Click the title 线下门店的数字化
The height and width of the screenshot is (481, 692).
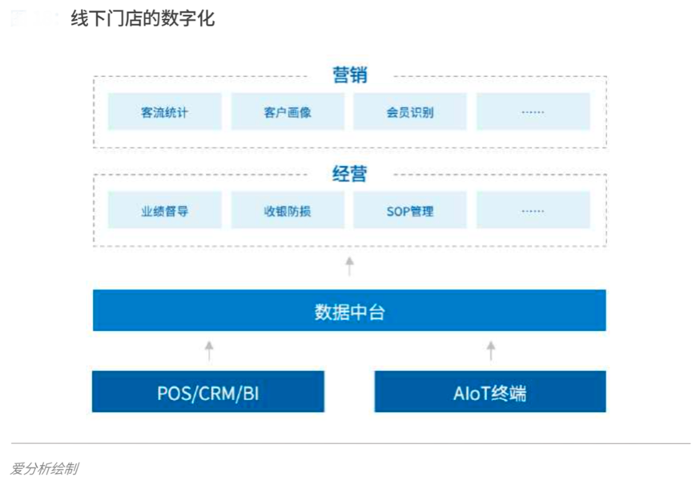(x=143, y=18)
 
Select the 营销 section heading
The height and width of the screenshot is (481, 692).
(x=349, y=75)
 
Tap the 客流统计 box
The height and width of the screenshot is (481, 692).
(x=164, y=112)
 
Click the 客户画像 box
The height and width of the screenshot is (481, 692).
(x=288, y=112)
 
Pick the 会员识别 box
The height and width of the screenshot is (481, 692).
(x=410, y=112)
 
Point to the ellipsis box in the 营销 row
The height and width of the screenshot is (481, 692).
(x=533, y=112)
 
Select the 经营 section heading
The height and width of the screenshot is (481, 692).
(x=349, y=173)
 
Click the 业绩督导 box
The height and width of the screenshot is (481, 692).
(x=164, y=211)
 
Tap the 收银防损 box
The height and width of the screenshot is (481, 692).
(x=288, y=211)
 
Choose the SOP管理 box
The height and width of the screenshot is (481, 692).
(x=410, y=211)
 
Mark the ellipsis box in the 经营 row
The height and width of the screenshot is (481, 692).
(x=533, y=211)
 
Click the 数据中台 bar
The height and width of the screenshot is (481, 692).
(x=349, y=311)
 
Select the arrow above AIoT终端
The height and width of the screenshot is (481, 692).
(x=491, y=350)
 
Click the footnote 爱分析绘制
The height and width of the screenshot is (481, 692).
(x=44, y=467)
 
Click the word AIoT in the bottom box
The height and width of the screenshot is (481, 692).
(x=473, y=393)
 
